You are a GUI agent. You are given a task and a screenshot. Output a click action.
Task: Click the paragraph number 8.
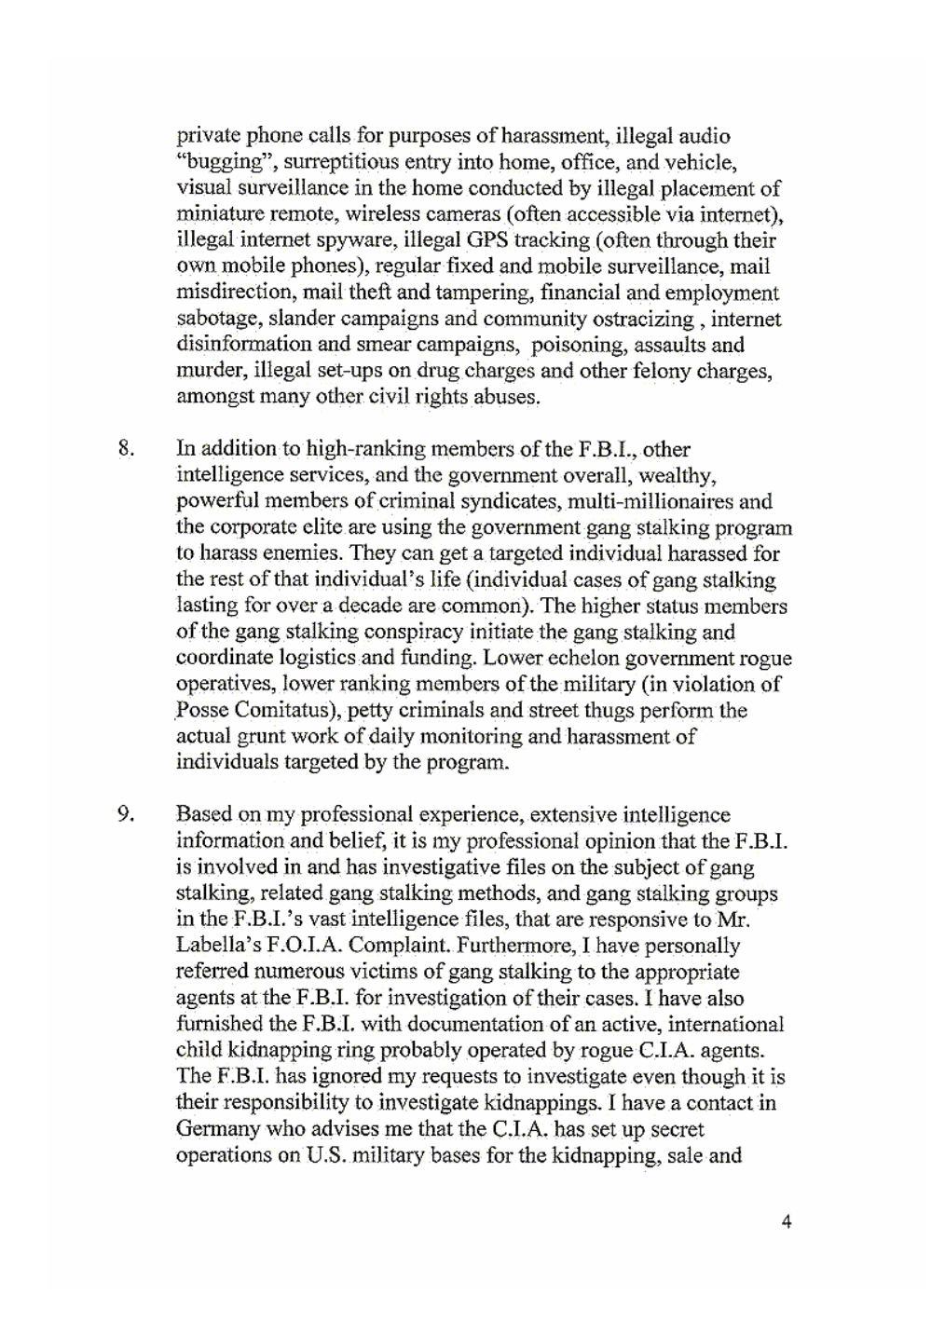[x=126, y=449]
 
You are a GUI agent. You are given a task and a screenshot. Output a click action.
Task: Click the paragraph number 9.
[x=126, y=814]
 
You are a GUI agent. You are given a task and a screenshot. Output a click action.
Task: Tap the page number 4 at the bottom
[x=787, y=1221]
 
